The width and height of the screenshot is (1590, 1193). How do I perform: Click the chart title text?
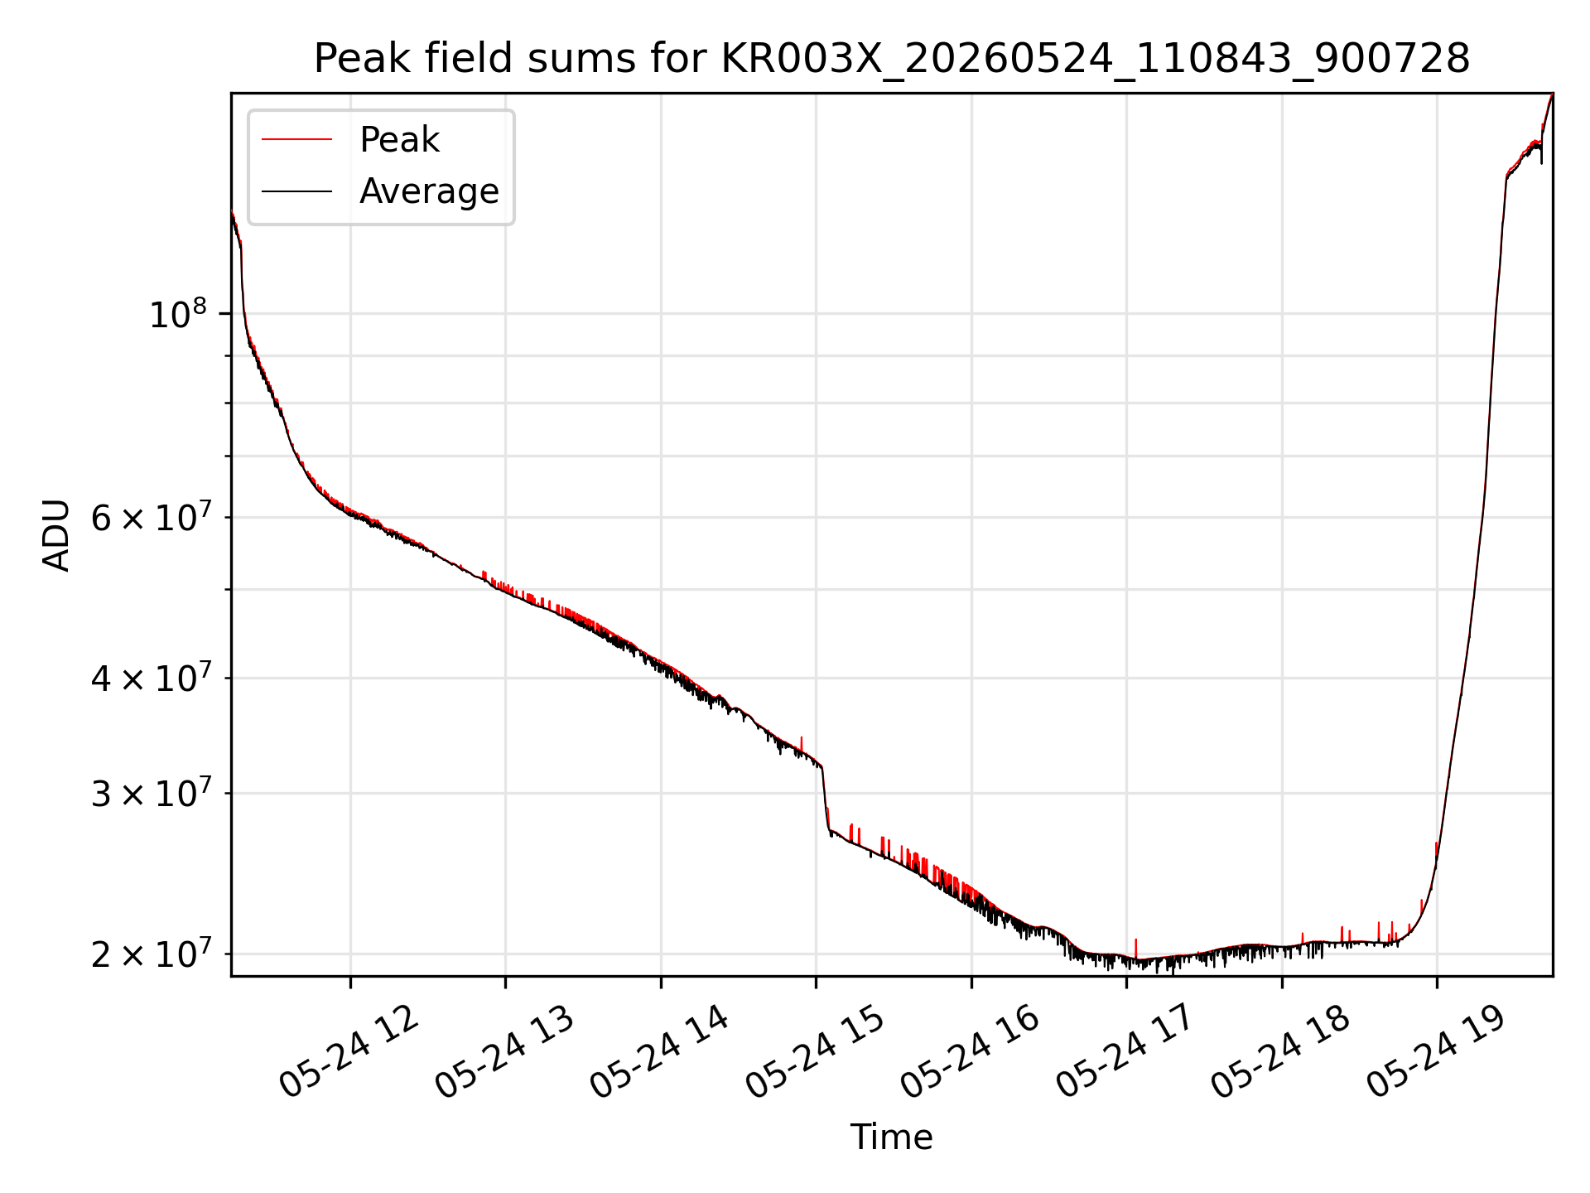[892, 59]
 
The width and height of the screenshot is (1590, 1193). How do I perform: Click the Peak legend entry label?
[399, 140]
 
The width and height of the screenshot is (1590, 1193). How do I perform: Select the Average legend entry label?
[429, 191]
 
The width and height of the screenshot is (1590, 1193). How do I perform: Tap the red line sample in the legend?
[296, 140]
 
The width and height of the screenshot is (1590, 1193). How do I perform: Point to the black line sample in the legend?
[296, 191]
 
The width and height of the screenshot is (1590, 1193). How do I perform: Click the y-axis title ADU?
[57, 534]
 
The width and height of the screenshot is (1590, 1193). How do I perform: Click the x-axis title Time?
[892, 1137]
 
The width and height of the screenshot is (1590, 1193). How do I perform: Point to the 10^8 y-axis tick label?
[178, 315]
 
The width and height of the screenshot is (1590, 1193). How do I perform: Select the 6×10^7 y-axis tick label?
[150, 519]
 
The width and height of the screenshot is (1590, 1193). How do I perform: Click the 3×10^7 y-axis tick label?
[150, 795]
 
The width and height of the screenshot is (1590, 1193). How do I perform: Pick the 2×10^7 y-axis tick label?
[150, 955]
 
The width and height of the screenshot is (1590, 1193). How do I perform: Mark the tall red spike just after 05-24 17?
[1135, 949]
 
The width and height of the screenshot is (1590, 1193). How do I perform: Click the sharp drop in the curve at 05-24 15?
[826, 799]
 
